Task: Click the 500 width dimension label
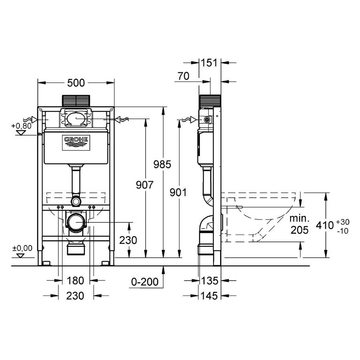[76, 83]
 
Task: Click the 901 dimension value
[179, 192]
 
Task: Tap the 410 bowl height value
[325, 225]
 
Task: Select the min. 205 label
[300, 224]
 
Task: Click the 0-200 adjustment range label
[145, 282]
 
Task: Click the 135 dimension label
[209, 280]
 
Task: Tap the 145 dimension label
[209, 296]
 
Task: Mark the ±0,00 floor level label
[22, 248]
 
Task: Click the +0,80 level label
[21, 126]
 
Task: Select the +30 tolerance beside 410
[342, 222]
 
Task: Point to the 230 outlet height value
[128, 240]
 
